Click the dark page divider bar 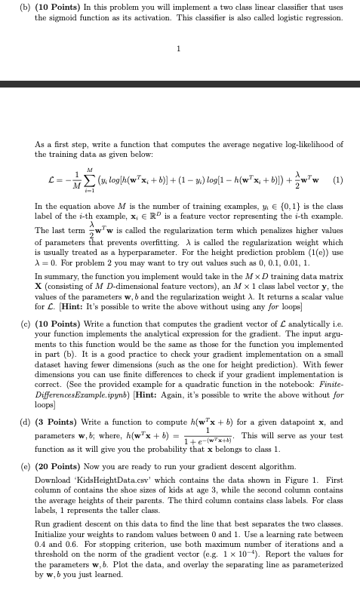[x=180, y=84]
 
